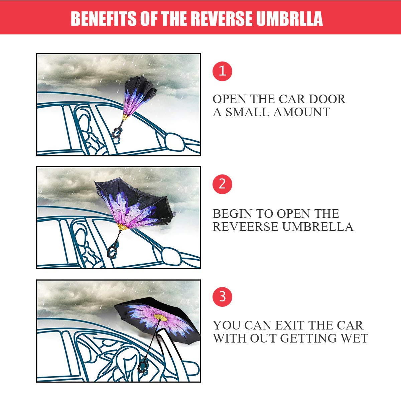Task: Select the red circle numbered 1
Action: [222, 71]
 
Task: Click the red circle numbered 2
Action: [222, 184]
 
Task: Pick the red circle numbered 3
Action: [222, 296]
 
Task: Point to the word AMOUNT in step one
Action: [302, 112]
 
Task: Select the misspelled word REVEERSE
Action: [246, 227]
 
